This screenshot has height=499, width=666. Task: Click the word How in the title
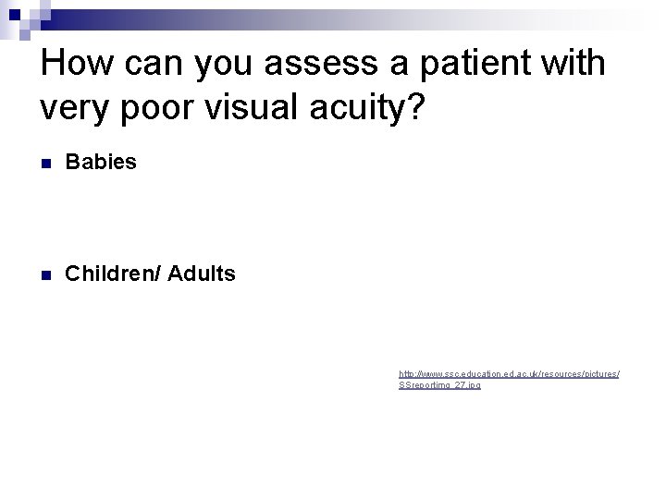point(76,65)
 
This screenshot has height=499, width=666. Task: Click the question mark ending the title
point(416,110)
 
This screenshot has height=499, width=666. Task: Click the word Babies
point(101,162)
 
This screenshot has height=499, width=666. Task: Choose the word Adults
point(202,274)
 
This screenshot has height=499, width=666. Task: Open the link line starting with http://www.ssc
point(509,374)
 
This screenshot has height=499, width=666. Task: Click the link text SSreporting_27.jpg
point(439,385)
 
